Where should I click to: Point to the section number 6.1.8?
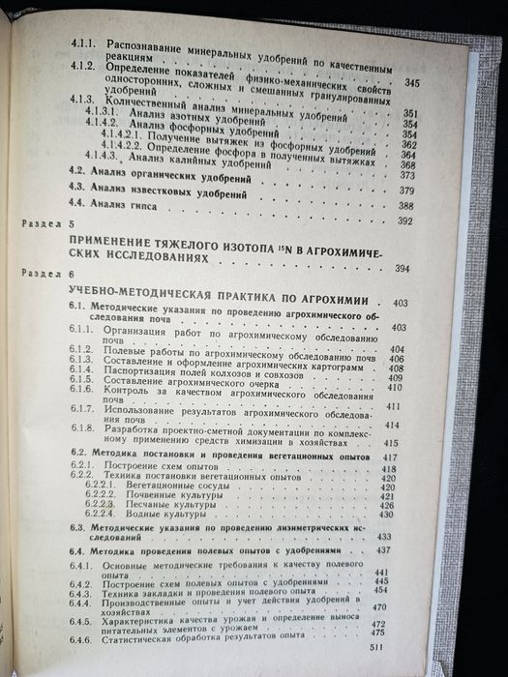click(84, 424)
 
